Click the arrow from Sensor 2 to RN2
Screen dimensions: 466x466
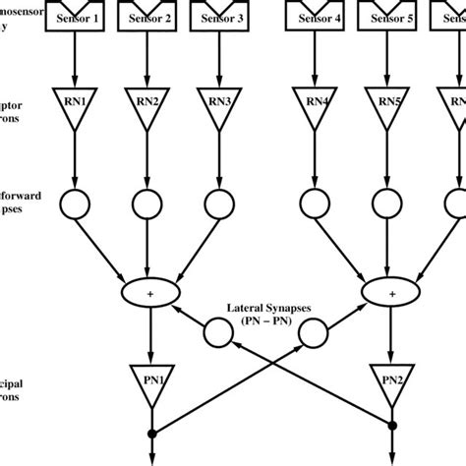click(145, 59)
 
